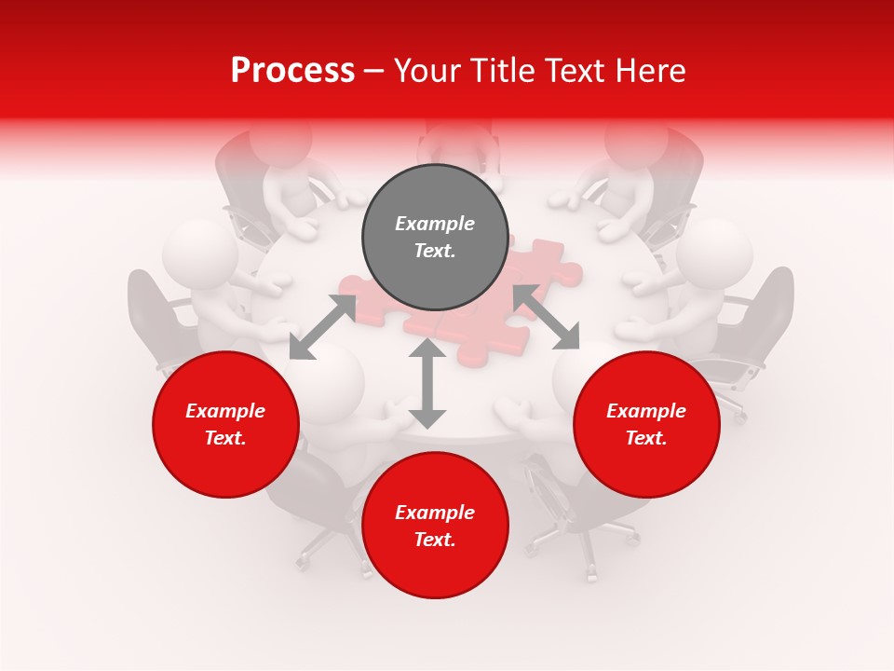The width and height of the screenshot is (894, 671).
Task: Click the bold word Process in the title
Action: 292,71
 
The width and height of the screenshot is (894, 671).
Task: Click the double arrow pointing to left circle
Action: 322,327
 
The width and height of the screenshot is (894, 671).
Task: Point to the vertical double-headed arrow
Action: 427,383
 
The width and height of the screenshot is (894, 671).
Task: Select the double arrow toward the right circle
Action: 547,317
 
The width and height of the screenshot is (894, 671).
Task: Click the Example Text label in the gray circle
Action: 435,237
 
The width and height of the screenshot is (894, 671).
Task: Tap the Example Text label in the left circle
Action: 225,424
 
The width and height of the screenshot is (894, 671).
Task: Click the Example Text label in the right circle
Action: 646,424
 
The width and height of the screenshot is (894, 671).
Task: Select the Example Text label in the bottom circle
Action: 435,526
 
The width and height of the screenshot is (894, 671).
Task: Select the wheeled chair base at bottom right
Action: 582,541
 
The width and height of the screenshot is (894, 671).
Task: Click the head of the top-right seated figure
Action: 635,140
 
